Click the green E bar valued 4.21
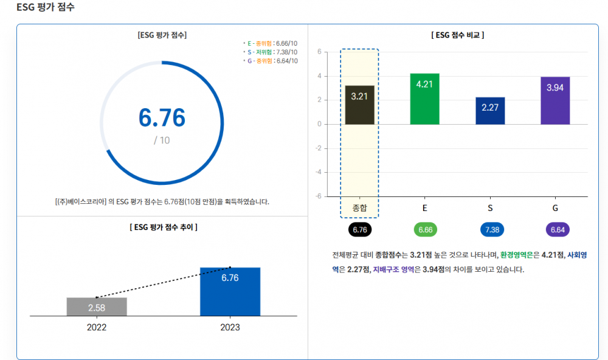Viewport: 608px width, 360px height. coord(424,99)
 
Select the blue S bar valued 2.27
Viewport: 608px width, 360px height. coord(490,111)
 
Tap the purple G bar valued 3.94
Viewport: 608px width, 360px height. coord(555,101)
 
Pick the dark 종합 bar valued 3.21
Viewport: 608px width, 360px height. coord(359,105)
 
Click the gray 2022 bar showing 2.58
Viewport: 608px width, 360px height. coord(97,306)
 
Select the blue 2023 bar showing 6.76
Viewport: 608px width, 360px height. coord(230,291)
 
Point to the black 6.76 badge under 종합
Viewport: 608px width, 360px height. coord(360,230)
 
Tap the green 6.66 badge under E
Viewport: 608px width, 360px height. coord(424,230)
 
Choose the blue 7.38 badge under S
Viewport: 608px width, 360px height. coord(490,230)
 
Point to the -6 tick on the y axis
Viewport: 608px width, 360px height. coord(318,196)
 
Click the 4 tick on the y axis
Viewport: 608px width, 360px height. coord(319,76)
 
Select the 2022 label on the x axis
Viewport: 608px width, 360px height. coord(97,327)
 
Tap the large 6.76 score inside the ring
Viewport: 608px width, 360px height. coord(162,117)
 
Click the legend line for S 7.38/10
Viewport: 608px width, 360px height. coord(271,52)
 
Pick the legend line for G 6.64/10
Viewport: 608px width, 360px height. coord(271,61)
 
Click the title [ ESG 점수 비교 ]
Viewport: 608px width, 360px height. coord(458,35)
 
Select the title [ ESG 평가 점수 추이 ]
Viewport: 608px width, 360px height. coord(163,227)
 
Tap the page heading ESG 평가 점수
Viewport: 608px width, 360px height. coord(46,7)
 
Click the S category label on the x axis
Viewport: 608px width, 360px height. coord(490,208)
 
